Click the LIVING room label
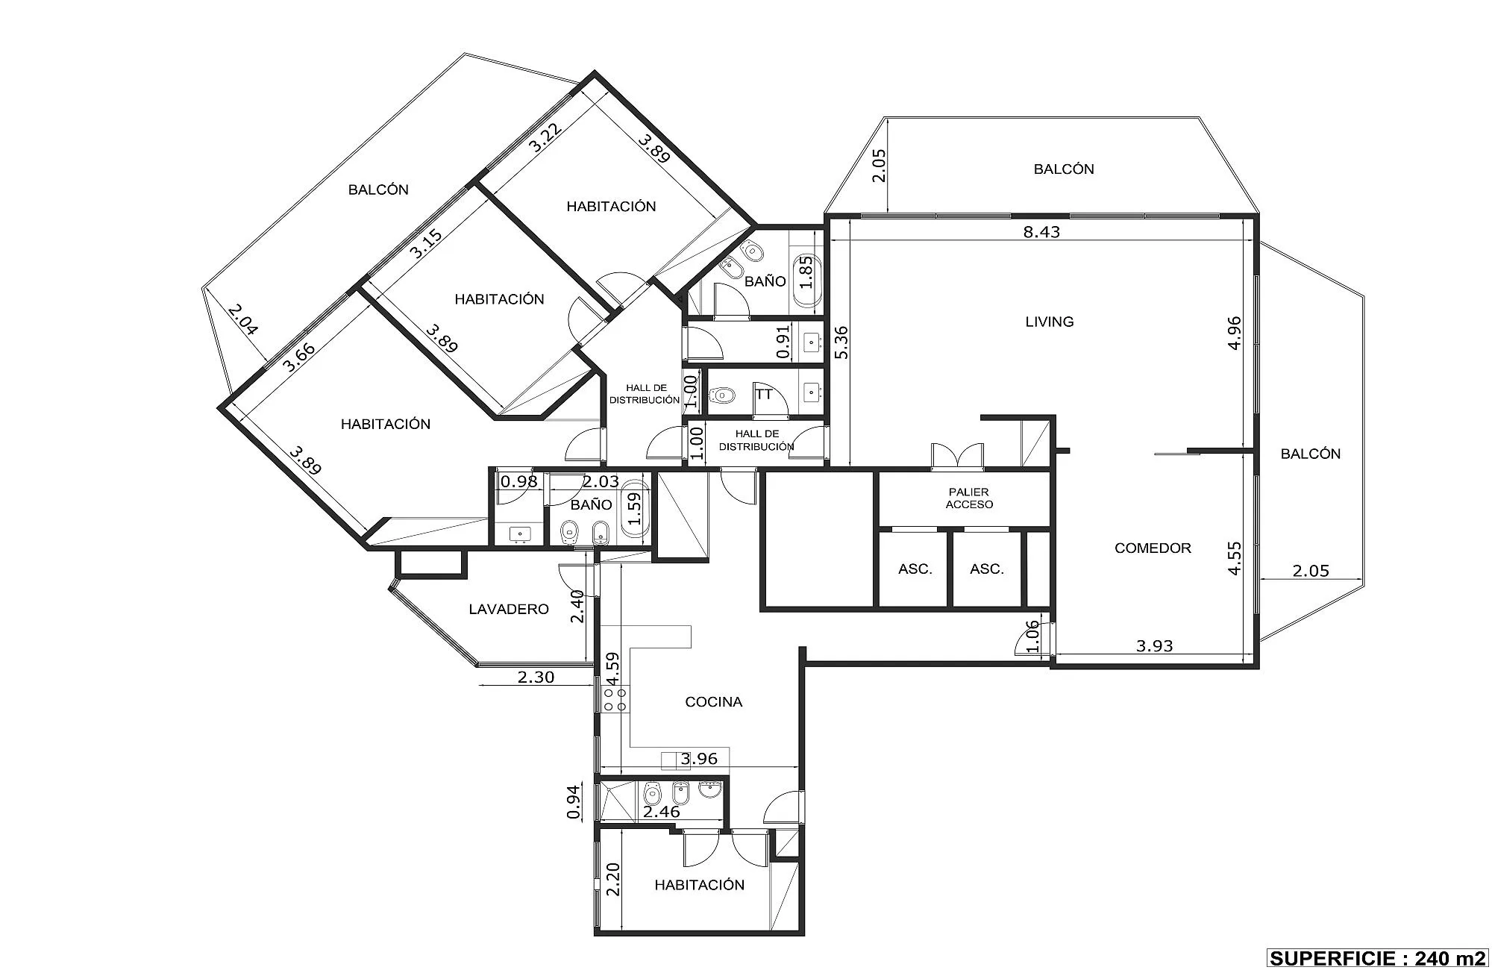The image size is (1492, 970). pos(1050,322)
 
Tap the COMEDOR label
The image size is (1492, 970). pos(1153,548)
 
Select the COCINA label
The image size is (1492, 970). pos(714,701)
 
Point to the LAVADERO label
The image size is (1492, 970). pos(509,609)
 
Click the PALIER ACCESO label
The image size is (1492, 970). pos(969,498)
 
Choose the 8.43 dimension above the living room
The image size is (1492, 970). pos(1041,231)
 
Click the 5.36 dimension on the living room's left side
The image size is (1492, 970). pos(841,342)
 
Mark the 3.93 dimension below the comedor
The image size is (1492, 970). pos(1155,646)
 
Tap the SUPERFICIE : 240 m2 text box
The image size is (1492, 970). pos(1377,957)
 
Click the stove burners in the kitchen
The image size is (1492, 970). pos(615,699)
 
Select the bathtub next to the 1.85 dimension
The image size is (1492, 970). pos(806,281)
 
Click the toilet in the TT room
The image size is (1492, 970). pos(721,393)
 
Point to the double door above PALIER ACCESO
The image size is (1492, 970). pos(957,457)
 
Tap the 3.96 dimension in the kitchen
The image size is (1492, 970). pos(699,759)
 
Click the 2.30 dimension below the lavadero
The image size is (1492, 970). pos(536,678)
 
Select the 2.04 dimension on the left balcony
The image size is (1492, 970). pos(244,319)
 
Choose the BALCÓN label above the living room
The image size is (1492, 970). pos(1064,169)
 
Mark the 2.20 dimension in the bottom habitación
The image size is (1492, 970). pos(613,880)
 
